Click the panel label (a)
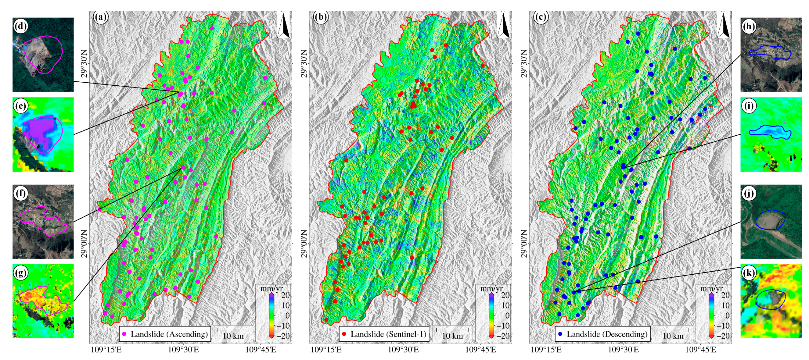(100, 17)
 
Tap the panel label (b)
(320, 17)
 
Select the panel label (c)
(541, 17)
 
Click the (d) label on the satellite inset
(21, 26)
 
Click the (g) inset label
(21, 273)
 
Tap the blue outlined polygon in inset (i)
(769, 132)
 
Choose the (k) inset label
(749, 273)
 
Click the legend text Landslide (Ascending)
(169, 334)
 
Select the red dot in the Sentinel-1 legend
(344, 334)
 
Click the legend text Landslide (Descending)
(607, 334)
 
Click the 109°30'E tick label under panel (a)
(183, 350)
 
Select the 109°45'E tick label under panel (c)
(701, 350)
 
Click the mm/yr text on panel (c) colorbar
(711, 288)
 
